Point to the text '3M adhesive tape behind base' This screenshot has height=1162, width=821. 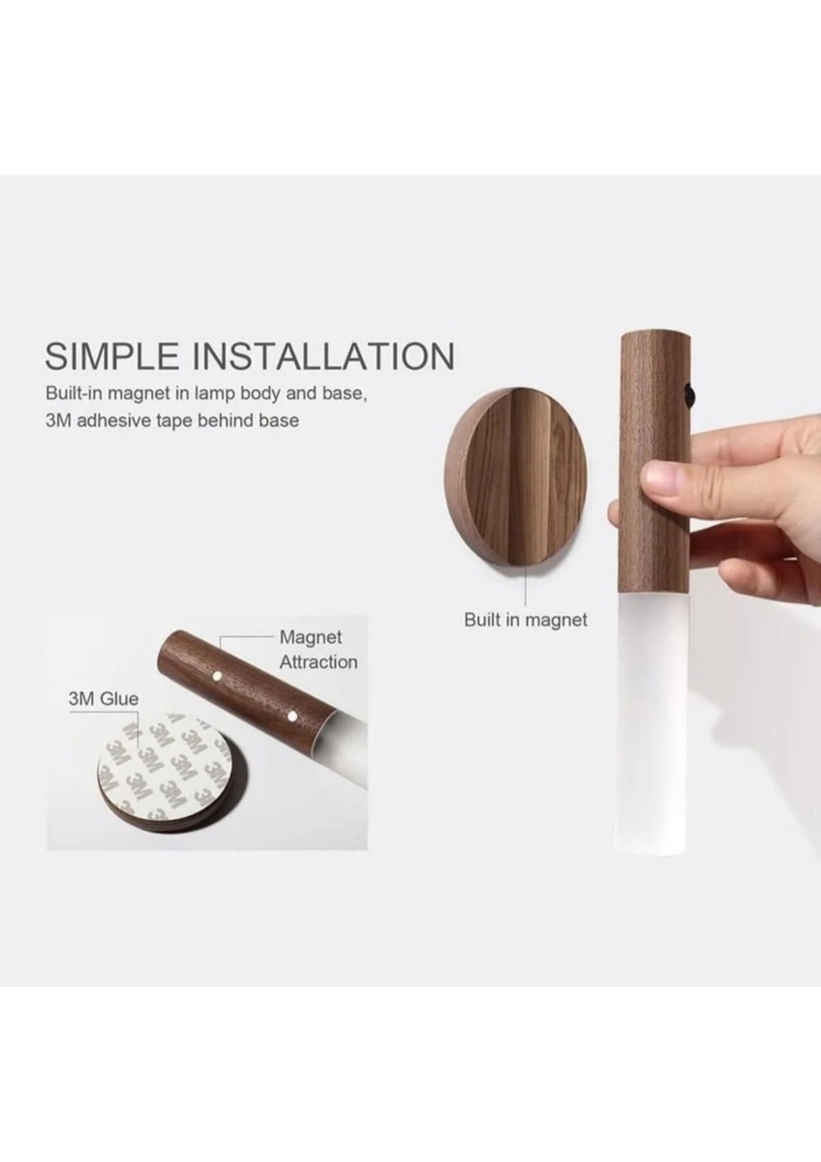172,420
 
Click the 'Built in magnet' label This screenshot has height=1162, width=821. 526,620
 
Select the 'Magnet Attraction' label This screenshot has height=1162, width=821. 319,650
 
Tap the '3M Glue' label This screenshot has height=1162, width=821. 104,699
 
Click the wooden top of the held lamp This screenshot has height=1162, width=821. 655,463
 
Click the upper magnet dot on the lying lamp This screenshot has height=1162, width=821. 217,676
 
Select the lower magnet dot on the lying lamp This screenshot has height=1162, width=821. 291,717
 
